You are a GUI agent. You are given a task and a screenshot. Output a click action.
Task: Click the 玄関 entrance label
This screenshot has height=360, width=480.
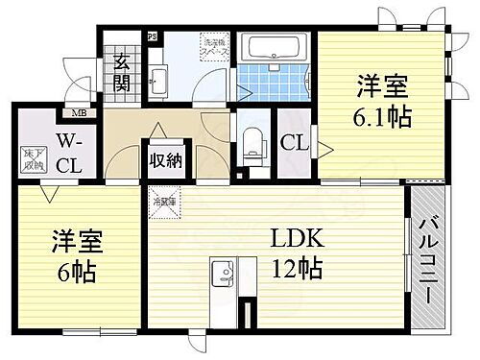pyautogui.click(x=124, y=72)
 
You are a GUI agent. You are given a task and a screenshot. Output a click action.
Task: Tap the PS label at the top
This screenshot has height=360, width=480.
pyautogui.click(x=151, y=37)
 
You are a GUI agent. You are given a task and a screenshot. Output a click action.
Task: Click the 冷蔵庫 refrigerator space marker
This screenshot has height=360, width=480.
pyautogui.click(x=159, y=204)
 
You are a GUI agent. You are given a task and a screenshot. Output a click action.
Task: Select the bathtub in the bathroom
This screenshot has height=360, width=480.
pyautogui.click(x=273, y=49)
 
